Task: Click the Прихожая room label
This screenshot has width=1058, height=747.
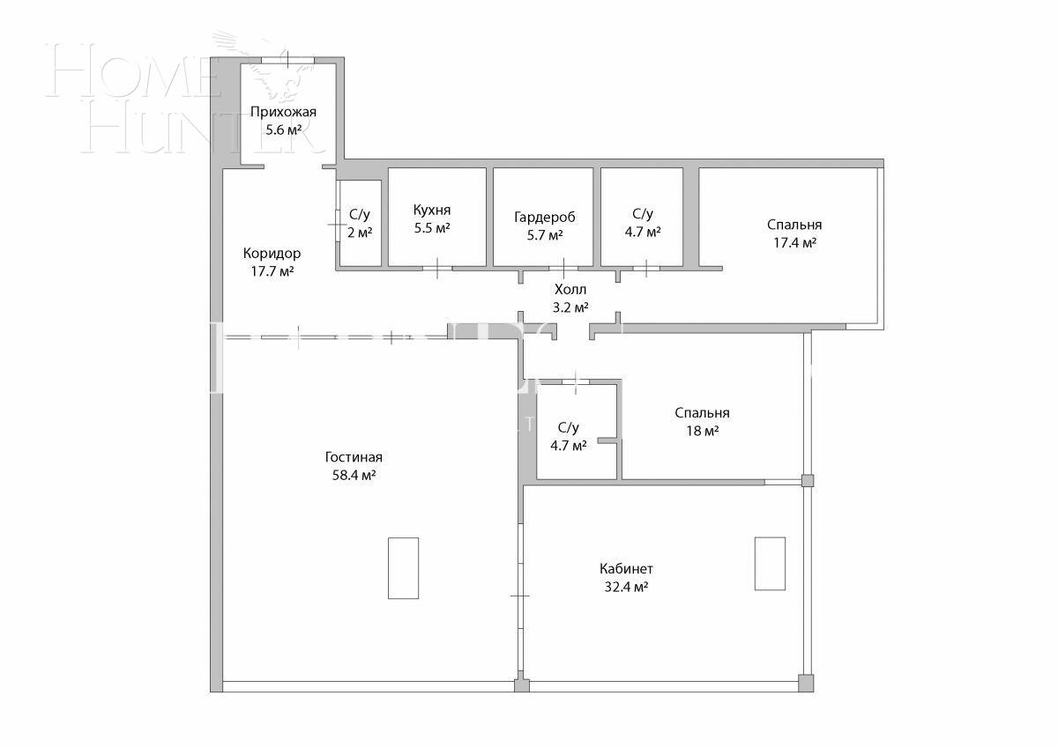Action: [x=283, y=112]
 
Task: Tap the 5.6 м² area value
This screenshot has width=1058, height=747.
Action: [x=283, y=129]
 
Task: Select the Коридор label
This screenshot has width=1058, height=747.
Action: [x=272, y=254]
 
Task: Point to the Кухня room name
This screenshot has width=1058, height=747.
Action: [x=432, y=211]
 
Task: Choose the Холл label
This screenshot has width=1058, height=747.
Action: [x=570, y=290]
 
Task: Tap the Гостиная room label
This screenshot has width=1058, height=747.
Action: [x=353, y=457]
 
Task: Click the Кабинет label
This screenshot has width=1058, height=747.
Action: [x=626, y=569]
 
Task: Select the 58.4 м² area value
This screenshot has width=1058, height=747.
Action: [x=353, y=476]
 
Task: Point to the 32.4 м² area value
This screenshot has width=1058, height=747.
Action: [x=626, y=587]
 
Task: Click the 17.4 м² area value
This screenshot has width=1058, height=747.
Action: [x=793, y=242]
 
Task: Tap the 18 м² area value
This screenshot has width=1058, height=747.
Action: [x=702, y=431]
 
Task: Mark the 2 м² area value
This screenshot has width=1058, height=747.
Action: [x=360, y=233]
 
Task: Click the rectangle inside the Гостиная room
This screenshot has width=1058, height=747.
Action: [x=403, y=568]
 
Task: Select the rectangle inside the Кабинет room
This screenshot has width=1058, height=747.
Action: [x=769, y=563]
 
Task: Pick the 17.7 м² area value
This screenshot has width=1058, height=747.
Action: [x=272, y=271]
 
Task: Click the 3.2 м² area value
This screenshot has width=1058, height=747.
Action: [x=570, y=307]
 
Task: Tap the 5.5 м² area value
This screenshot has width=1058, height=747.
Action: [x=432, y=228]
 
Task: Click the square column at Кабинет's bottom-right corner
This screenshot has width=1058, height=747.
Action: [x=805, y=683]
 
